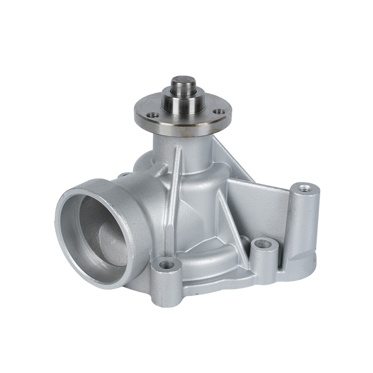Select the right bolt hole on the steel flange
pyautogui.click(x=218, y=112)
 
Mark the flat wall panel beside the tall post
pyautogui.click(x=261, y=205)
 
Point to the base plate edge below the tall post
pyautogui.click(x=298, y=270)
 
